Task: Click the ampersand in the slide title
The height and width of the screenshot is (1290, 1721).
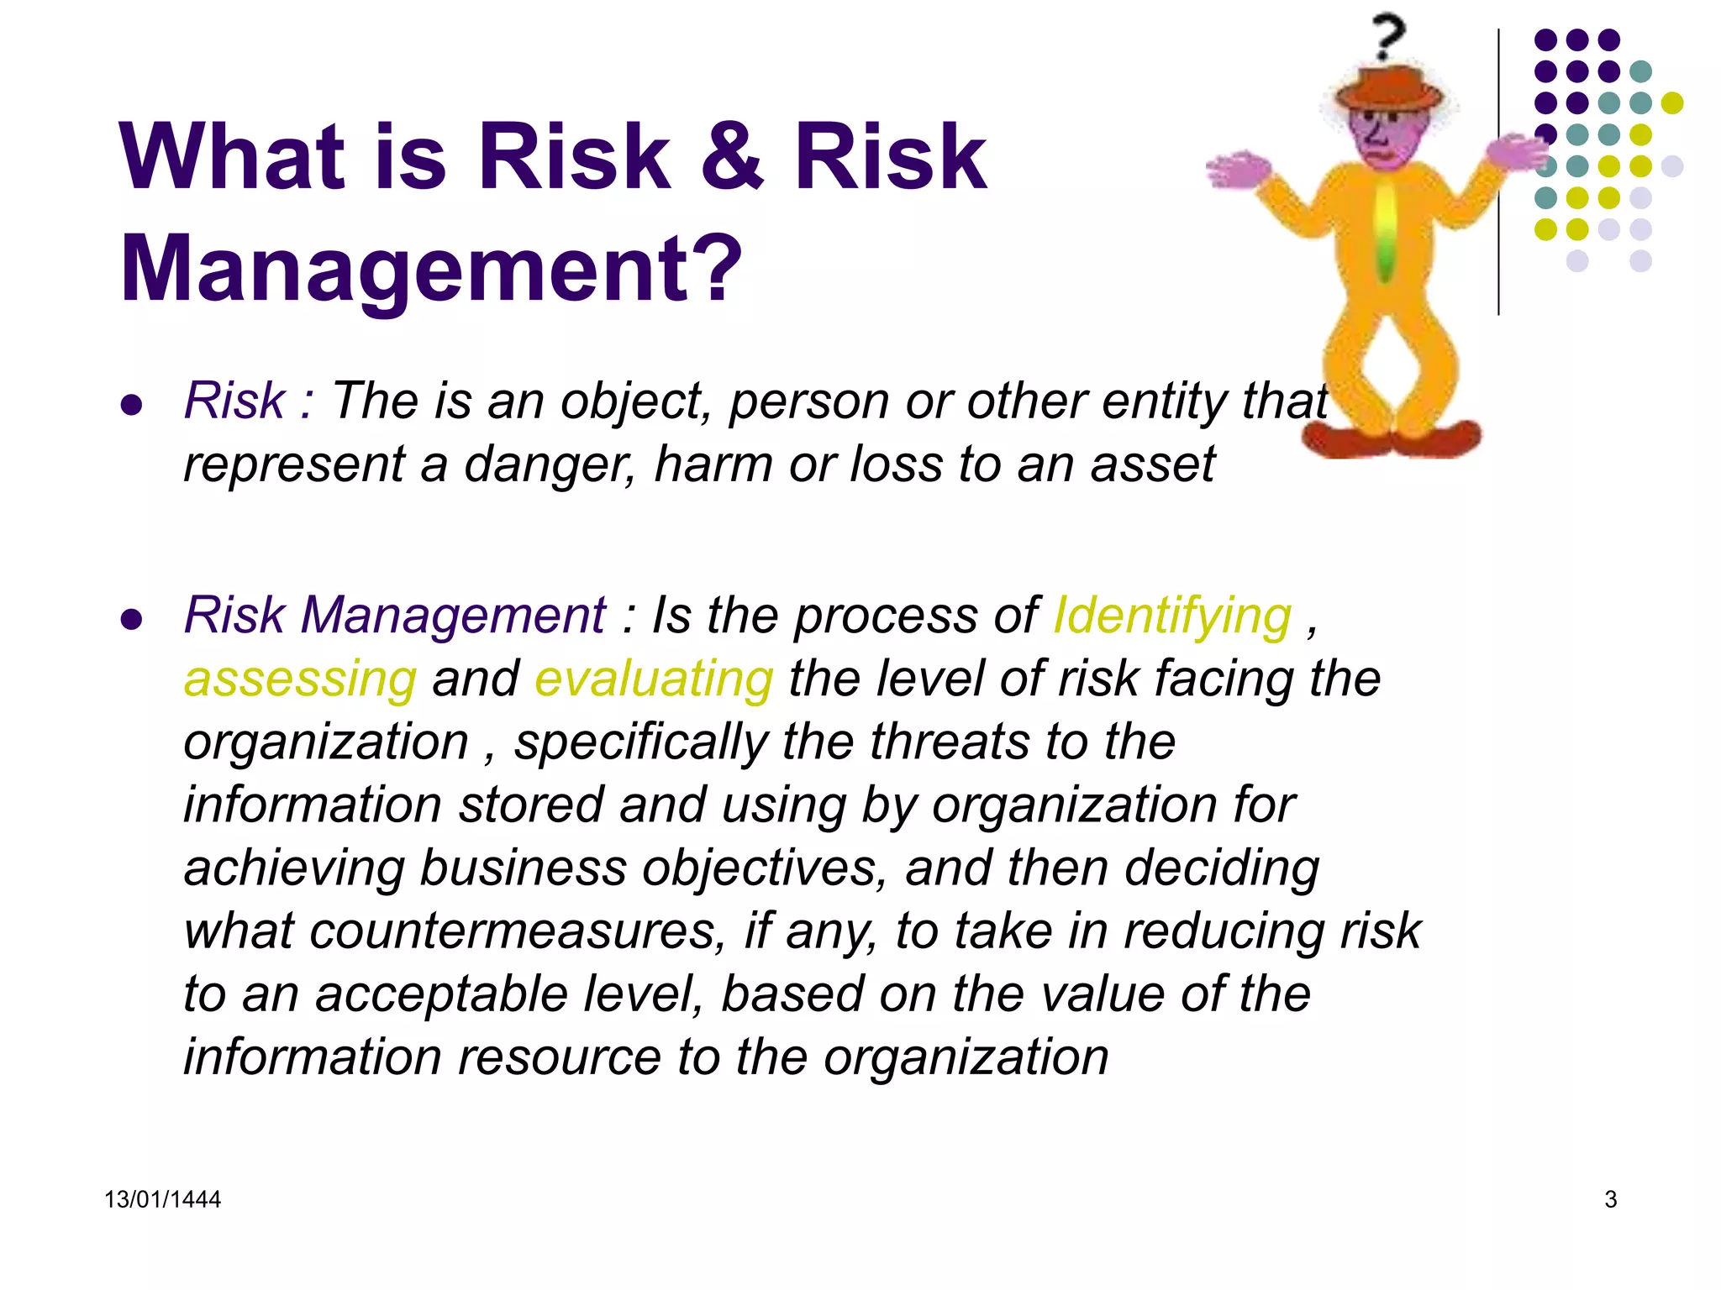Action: [x=732, y=157]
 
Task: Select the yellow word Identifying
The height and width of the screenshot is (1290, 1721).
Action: [x=1172, y=616]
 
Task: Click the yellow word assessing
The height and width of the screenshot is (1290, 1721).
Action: [x=300, y=679]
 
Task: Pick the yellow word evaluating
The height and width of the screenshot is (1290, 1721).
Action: [x=654, y=679]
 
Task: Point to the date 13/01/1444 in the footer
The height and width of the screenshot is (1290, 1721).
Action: [x=162, y=1199]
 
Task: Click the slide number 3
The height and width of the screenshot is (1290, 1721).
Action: [x=1610, y=1199]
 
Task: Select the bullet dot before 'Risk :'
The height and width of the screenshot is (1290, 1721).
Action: [x=131, y=406]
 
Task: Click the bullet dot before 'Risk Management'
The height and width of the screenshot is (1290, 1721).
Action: [x=131, y=620]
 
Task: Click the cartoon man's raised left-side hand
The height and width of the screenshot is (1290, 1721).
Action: [x=1235, y=170]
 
